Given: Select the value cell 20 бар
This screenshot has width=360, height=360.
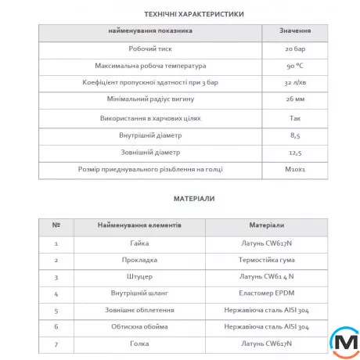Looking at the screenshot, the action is [x=293, y=49].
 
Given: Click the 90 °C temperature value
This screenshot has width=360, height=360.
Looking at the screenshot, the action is [x=293, y=66].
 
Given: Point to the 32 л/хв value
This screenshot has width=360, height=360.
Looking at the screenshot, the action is [x=293, y=83].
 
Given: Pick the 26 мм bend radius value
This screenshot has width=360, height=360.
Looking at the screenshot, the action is [x=293, y=100].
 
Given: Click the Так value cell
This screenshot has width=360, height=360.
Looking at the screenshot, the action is [x=293, y=117].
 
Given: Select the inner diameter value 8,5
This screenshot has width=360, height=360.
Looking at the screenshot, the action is [x=293, y=135].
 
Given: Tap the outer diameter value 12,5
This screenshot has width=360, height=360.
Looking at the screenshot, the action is [x=293, y=152].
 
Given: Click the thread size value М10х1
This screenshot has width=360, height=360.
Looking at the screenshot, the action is [x=293, y=169].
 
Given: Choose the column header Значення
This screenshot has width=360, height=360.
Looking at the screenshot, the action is [x=295, y=31].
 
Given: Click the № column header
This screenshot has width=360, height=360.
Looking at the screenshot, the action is [x=56, y=225].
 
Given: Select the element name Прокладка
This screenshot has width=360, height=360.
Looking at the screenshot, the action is [x=141, y=260].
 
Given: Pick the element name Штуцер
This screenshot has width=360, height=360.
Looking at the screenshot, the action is [x=141, y=277].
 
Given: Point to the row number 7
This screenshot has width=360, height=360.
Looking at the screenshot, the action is [x=56, y=344].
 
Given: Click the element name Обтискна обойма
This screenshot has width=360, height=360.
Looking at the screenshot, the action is [x=141, y=327].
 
